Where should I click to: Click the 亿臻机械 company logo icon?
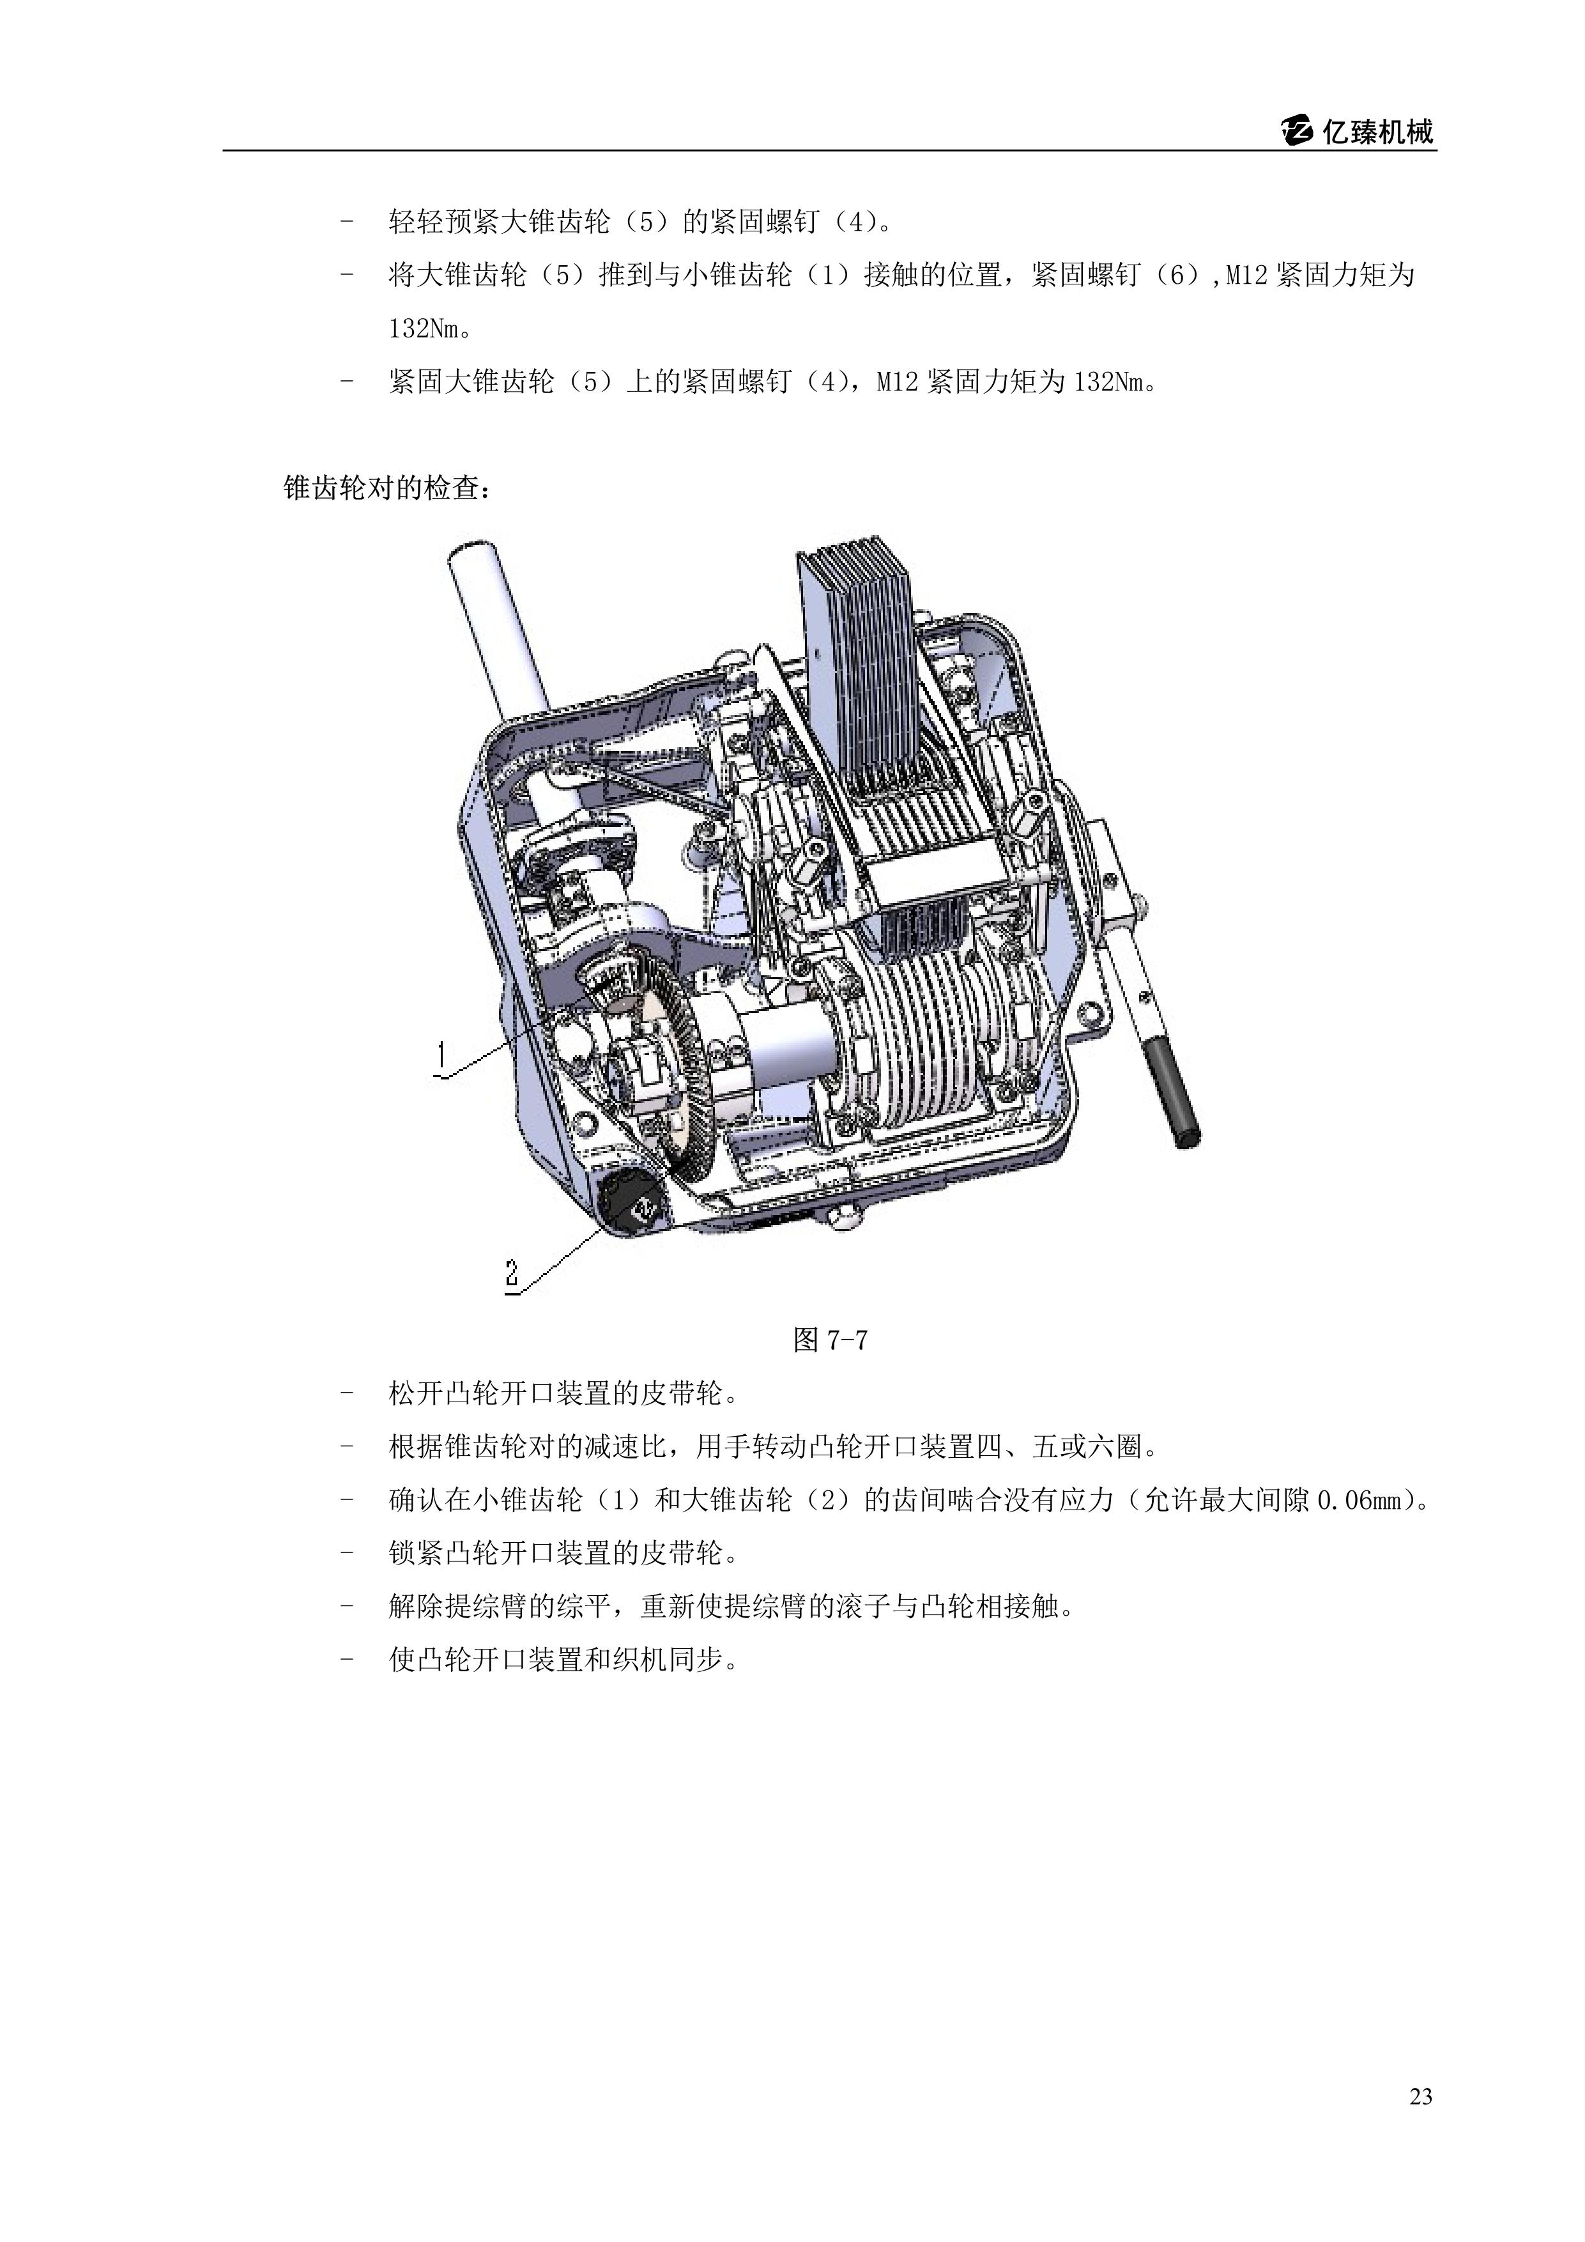(x=1298, y=132)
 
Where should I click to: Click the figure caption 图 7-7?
(x=831, y=1340)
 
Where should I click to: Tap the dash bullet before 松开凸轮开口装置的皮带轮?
(x=346, y=1393)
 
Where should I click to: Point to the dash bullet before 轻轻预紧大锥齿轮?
(x=346, y=222)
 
